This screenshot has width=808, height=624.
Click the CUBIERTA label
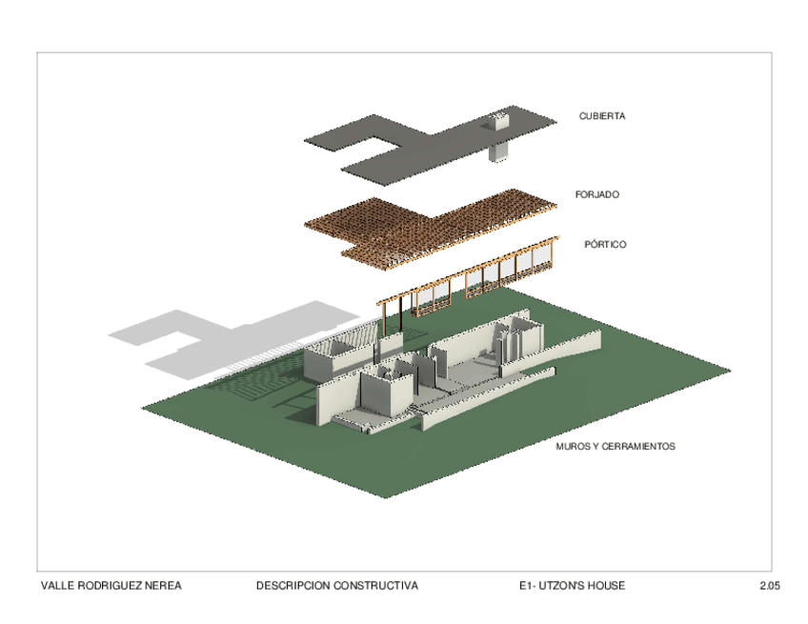(x=601, y=116)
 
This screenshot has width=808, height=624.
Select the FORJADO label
(x=596, y=194)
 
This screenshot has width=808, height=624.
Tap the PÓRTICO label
(x=605, y=245)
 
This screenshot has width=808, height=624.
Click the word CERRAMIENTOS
(x=639, y=446)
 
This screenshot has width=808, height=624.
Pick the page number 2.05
(x=770, y=586)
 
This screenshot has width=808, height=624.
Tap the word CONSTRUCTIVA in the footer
(x=375, y=586)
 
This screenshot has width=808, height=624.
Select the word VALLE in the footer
(x=54, y=586)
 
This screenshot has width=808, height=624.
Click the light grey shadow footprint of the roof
(x=219, y=338)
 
